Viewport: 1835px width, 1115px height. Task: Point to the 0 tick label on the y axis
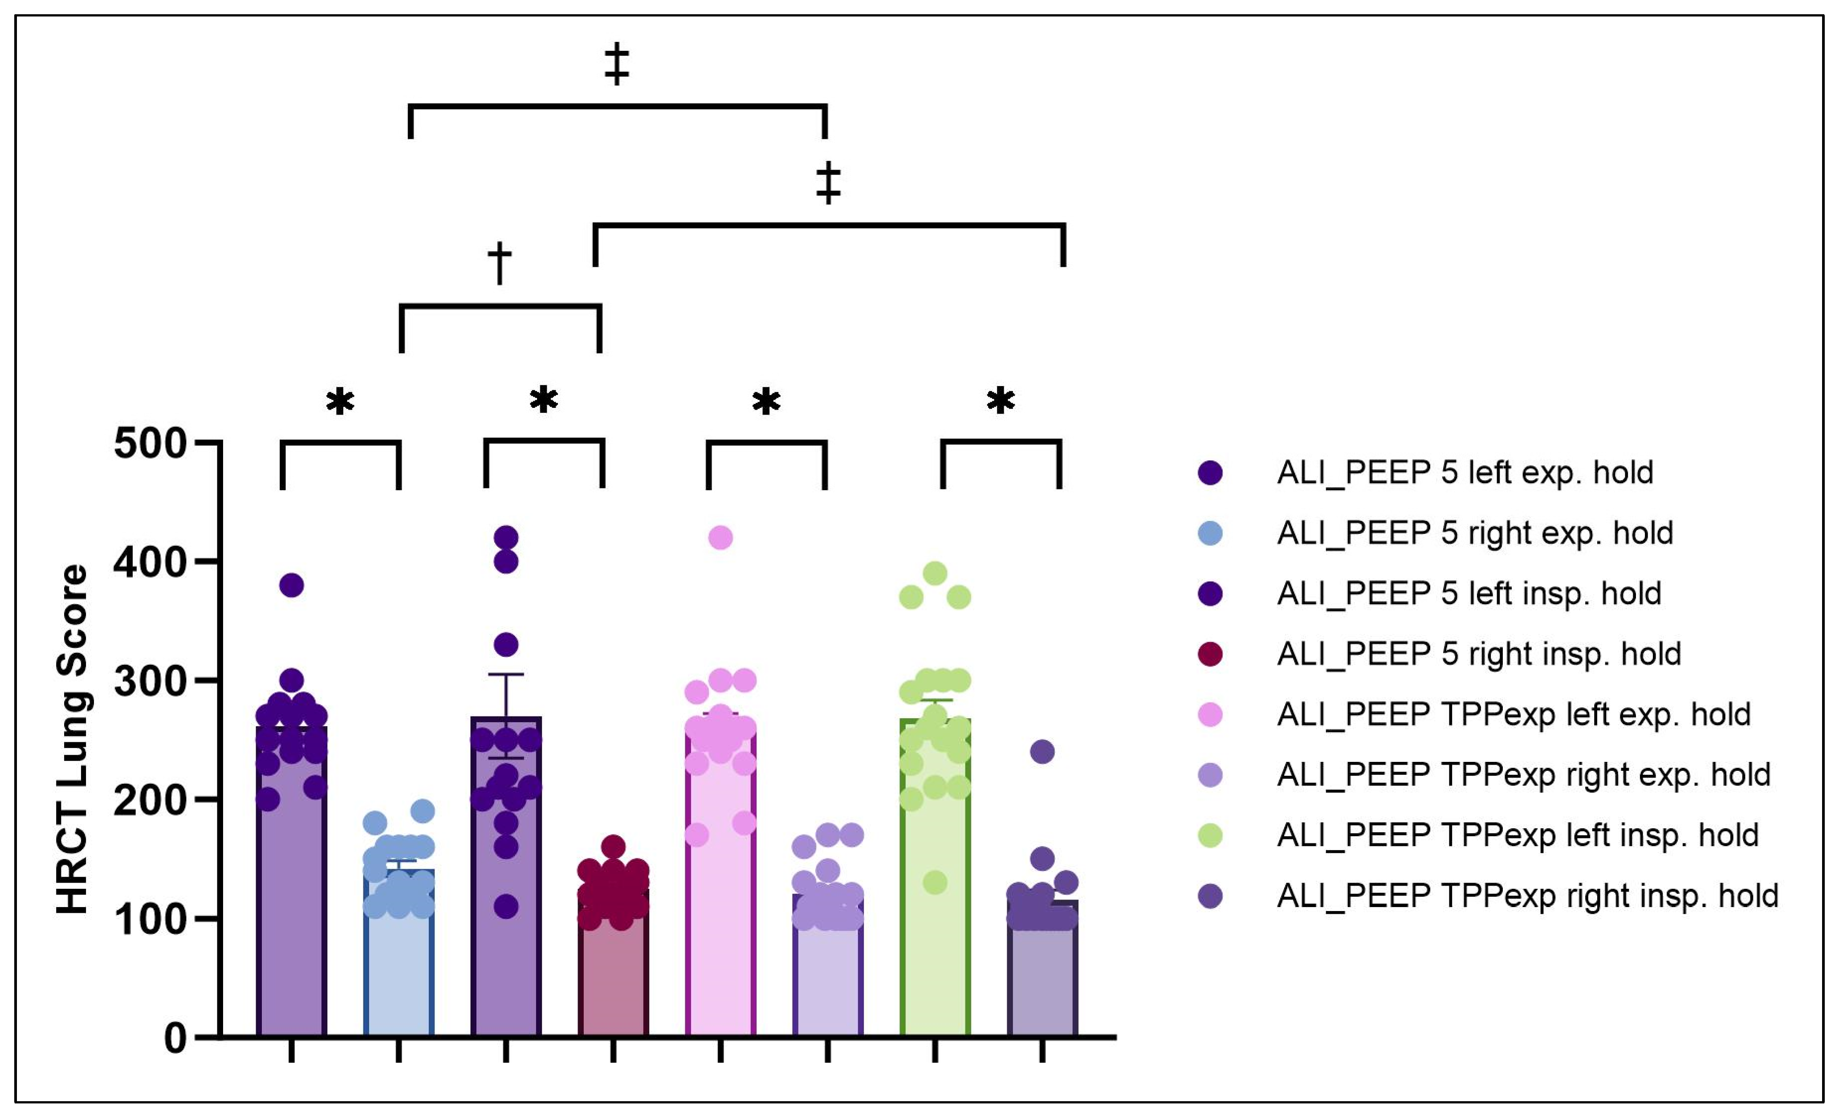(176, 1038)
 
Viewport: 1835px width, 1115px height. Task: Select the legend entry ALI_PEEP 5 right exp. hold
(1475, 533)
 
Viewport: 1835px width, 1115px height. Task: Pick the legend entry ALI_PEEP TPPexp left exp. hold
(1513, 714)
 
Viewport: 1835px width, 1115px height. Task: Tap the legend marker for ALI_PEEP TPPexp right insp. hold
(1211, 896)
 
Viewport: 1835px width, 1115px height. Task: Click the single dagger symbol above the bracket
(500, 262)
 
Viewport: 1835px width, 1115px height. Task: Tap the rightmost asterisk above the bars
(1000, 401)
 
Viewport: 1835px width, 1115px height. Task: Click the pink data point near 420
(720, 537)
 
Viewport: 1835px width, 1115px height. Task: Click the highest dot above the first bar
(291, 585)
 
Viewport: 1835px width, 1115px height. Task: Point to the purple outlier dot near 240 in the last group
(1042, 752)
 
